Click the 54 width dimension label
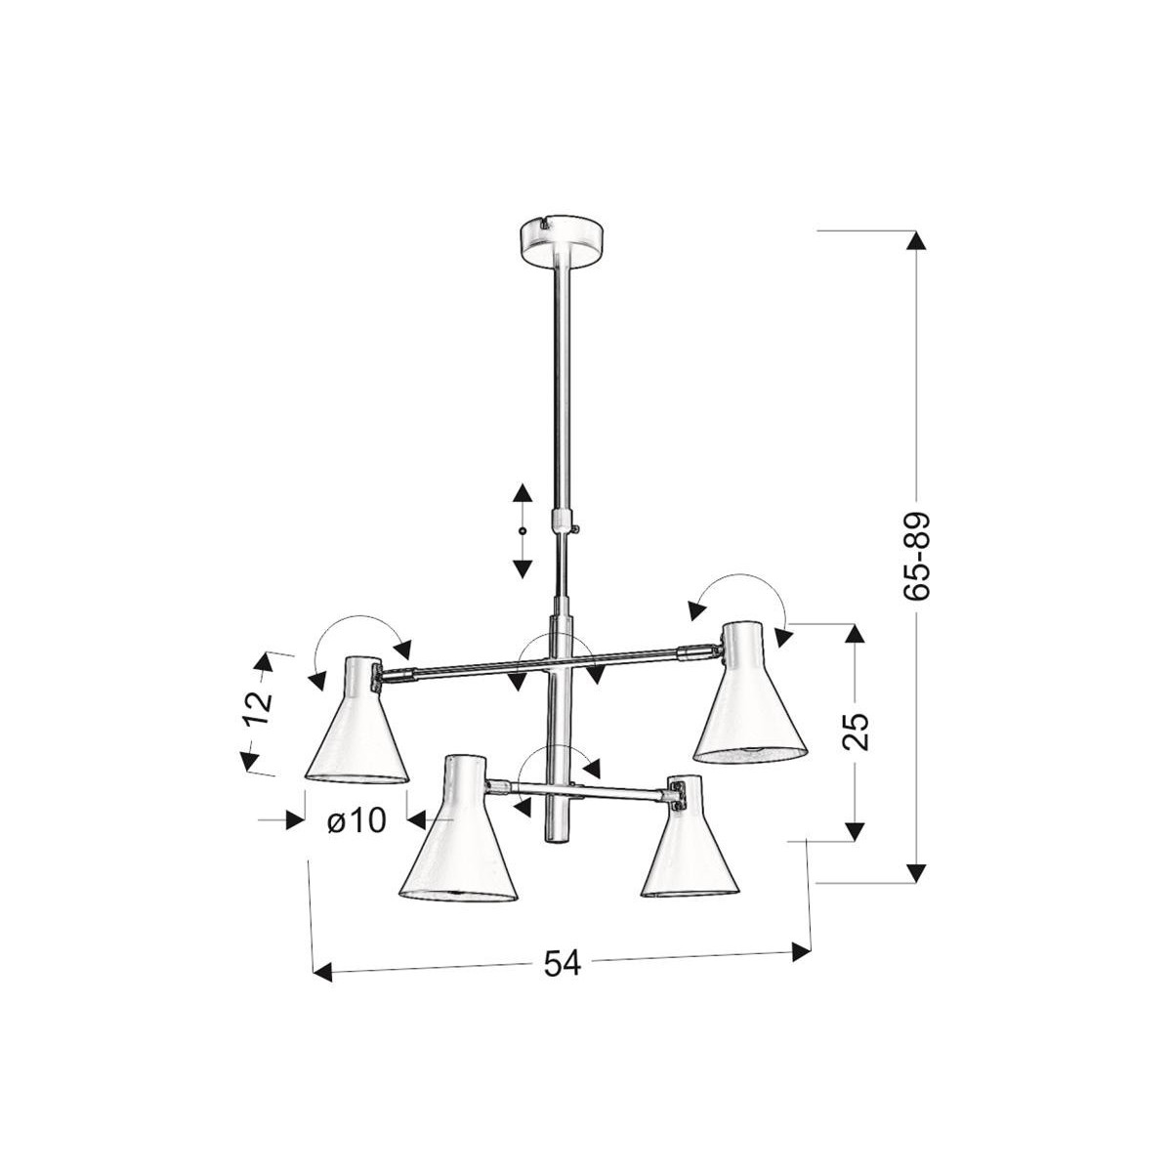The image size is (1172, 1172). coord(562,965)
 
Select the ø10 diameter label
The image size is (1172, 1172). coord(357,821)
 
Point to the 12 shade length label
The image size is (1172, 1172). coord(257,709)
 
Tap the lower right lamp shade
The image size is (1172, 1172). coord(690,845)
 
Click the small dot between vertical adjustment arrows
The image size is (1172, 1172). coord(522,530)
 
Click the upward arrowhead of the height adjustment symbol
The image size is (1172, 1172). coord(522,494)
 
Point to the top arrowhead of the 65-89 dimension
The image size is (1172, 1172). coord(915,241)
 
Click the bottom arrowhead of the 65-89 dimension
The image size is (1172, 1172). coord(915,872)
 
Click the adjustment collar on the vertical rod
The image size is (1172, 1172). coord(562,520)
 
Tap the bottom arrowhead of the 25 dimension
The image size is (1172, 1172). coord(855,831)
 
